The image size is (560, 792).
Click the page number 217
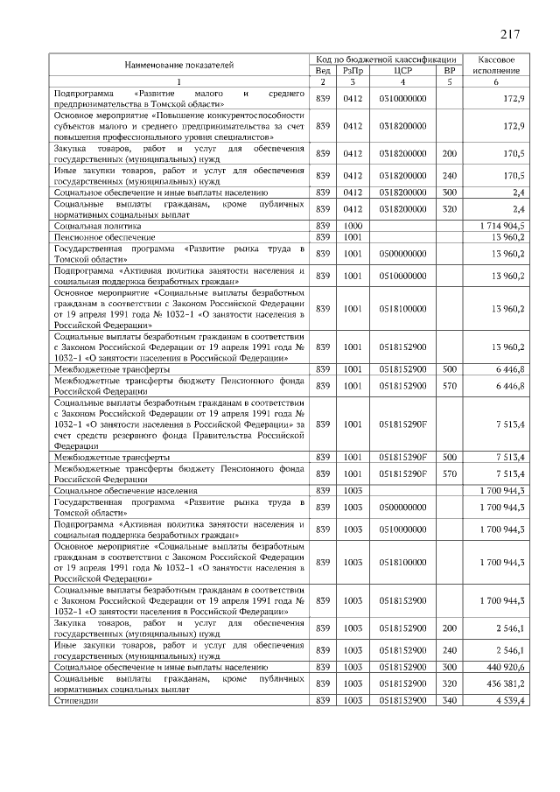pos(511,35)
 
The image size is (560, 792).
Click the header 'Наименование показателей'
pos(178,64)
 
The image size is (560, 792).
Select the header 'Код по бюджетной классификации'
pos(386,58)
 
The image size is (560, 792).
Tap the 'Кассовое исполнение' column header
pos(495,64)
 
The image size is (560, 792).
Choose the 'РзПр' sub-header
pos(353,70)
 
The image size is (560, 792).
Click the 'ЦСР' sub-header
pos(403,70)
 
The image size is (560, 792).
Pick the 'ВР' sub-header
pos(450,70)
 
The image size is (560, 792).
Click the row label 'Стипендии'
pos(76,701)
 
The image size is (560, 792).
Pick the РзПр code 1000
pos(353,226)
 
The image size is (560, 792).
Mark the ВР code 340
pos(450,701)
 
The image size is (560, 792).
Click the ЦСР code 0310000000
pos(403,98)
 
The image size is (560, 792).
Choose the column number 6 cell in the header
pos(495,82)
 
